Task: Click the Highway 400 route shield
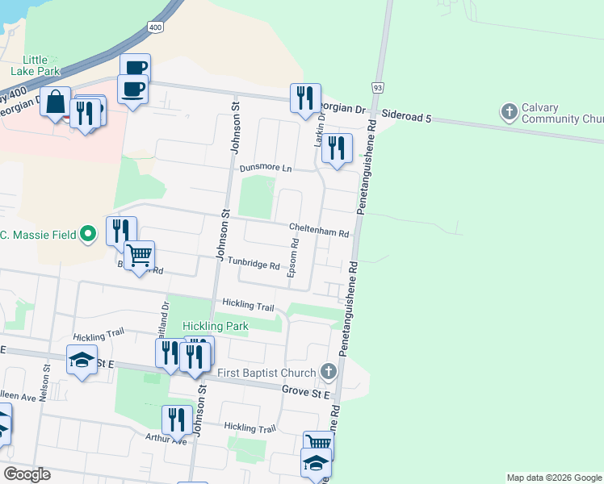154,27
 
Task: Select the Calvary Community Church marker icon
510,111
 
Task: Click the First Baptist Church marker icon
328,372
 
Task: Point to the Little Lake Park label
36,65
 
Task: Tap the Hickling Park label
215,326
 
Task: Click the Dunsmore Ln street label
266,169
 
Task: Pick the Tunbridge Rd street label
253,265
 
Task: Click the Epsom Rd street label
295,258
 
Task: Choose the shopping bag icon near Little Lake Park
56,102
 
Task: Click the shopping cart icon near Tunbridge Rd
140,257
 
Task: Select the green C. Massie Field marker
90,236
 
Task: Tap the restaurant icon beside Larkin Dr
337,149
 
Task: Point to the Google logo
27,474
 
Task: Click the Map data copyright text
555,478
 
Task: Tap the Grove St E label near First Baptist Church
306,390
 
